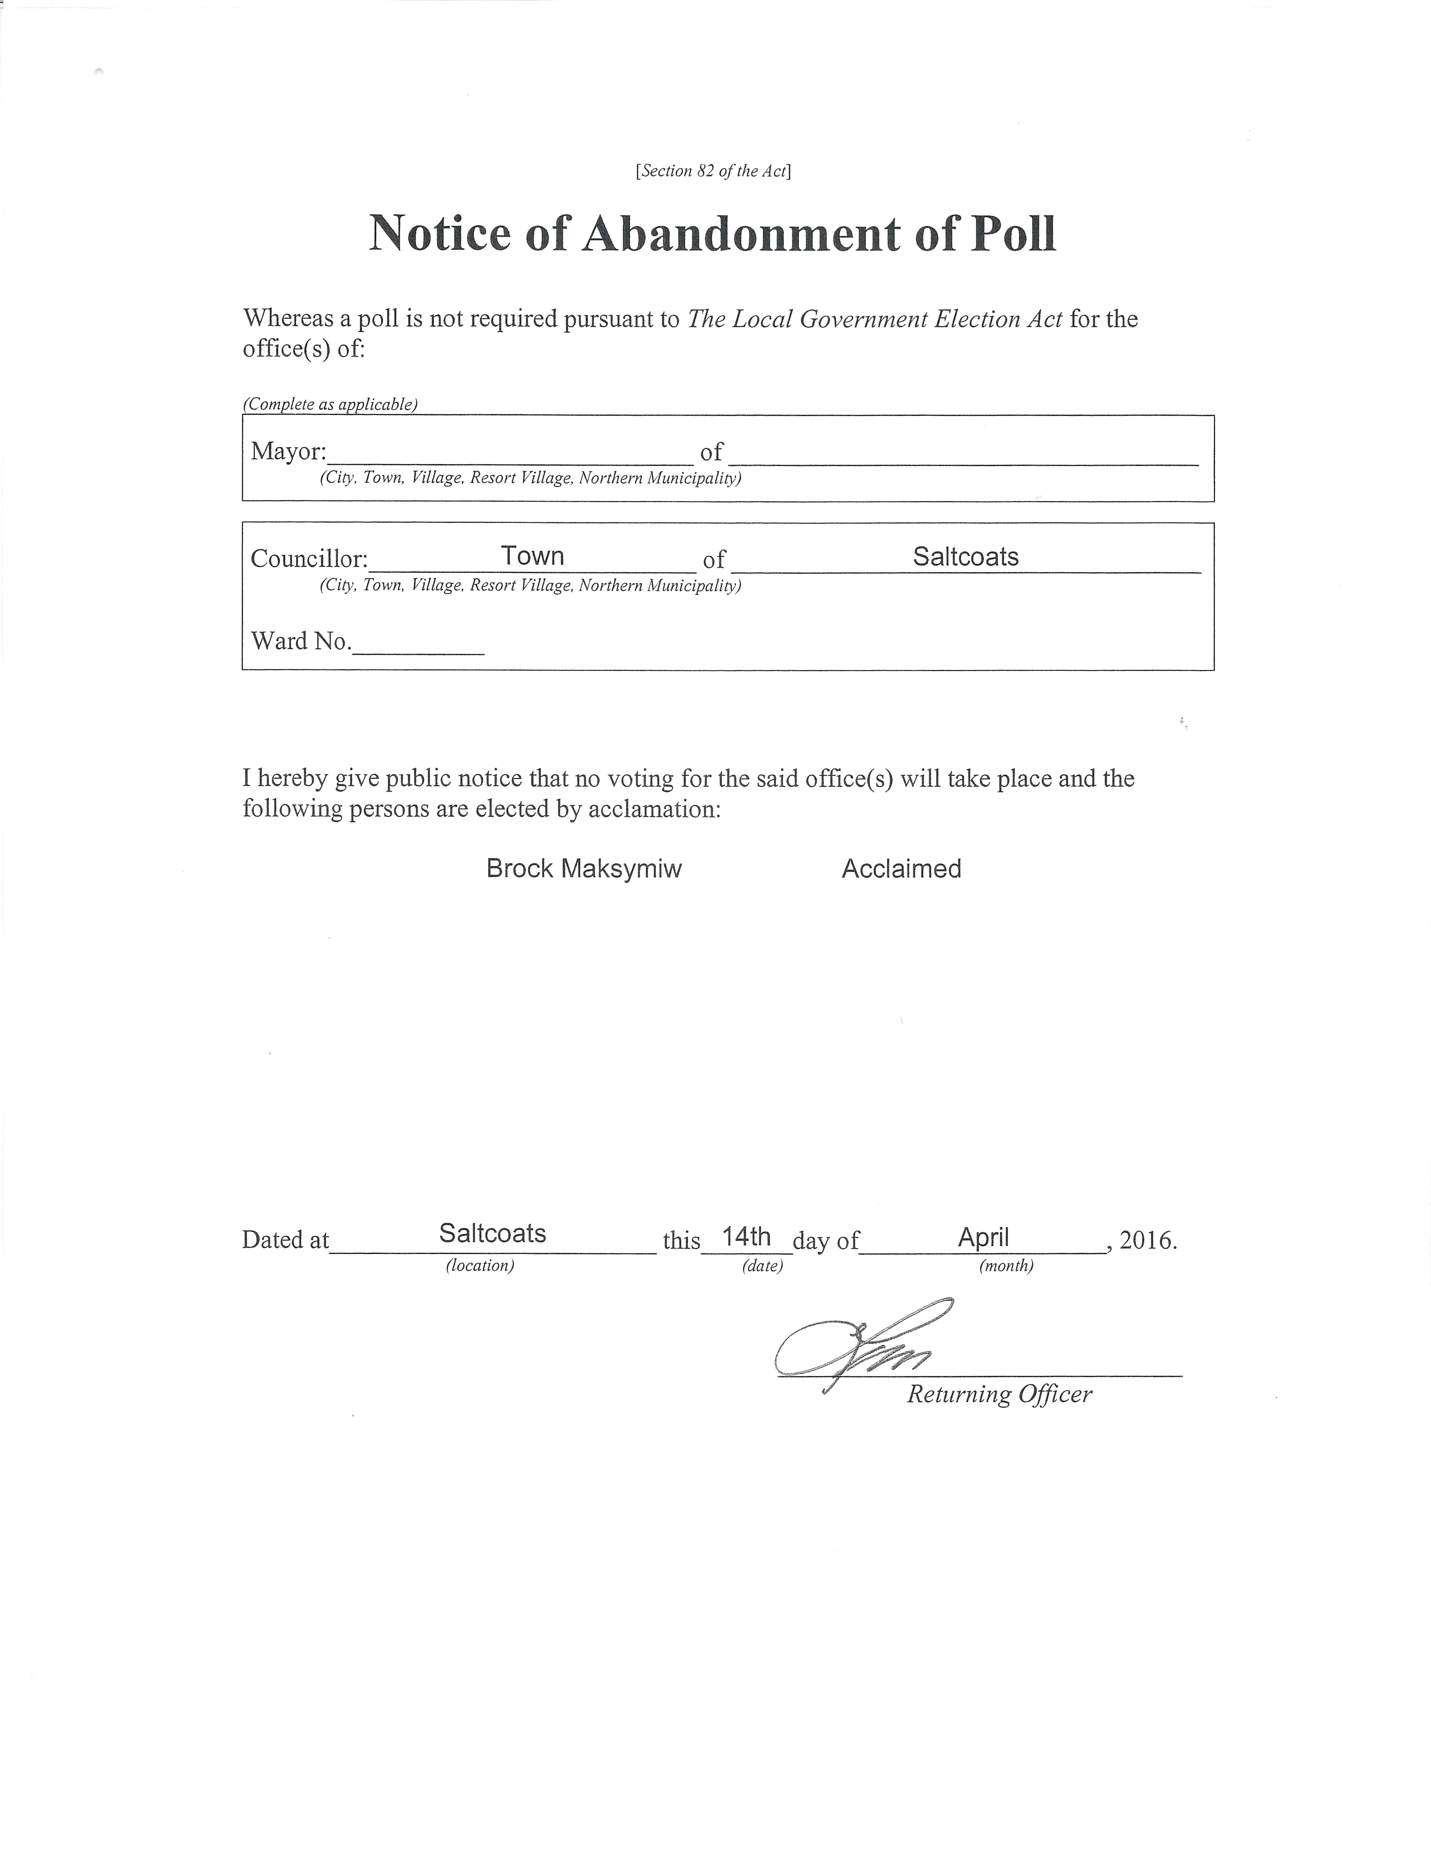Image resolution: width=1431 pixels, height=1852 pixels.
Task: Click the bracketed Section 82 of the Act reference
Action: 713,170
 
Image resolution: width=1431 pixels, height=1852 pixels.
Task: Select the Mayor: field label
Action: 288,451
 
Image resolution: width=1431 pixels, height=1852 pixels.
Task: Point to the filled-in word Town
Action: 532,555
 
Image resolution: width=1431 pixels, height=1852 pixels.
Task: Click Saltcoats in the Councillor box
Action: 966,556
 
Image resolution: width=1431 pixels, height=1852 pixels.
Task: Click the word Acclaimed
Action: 901,868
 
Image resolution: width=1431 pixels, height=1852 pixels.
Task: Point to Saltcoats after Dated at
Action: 492,1233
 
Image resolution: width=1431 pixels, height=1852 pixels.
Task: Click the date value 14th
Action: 746,1236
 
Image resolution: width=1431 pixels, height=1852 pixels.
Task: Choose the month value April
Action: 983,1237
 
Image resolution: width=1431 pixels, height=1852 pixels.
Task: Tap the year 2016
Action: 1147,1241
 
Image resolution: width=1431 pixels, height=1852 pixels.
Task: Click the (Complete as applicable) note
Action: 331,404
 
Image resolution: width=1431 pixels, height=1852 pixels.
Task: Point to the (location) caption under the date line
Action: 480,1265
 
